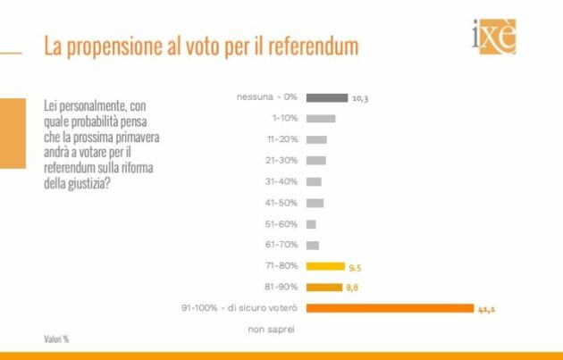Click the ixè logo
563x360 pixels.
click(493, 37)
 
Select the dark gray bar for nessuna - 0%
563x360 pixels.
click(326, 97)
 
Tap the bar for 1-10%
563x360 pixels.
click(320, 118)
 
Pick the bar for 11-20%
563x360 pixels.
click(315, 139)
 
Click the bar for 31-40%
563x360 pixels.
click(314, 181)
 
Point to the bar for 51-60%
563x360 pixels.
click(311, 223)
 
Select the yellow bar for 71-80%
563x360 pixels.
click(325, 266)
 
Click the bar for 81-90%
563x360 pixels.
click(324, 287)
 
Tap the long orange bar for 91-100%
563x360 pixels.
click(390, 308)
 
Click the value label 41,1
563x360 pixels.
click(486, 308)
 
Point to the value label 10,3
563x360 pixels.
click(360, 98)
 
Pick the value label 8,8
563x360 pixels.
click(351, 288)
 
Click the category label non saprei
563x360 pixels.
click(271, 329)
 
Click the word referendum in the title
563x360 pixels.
click(312, 46)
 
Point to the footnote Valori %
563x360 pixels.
click(57, 339)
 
